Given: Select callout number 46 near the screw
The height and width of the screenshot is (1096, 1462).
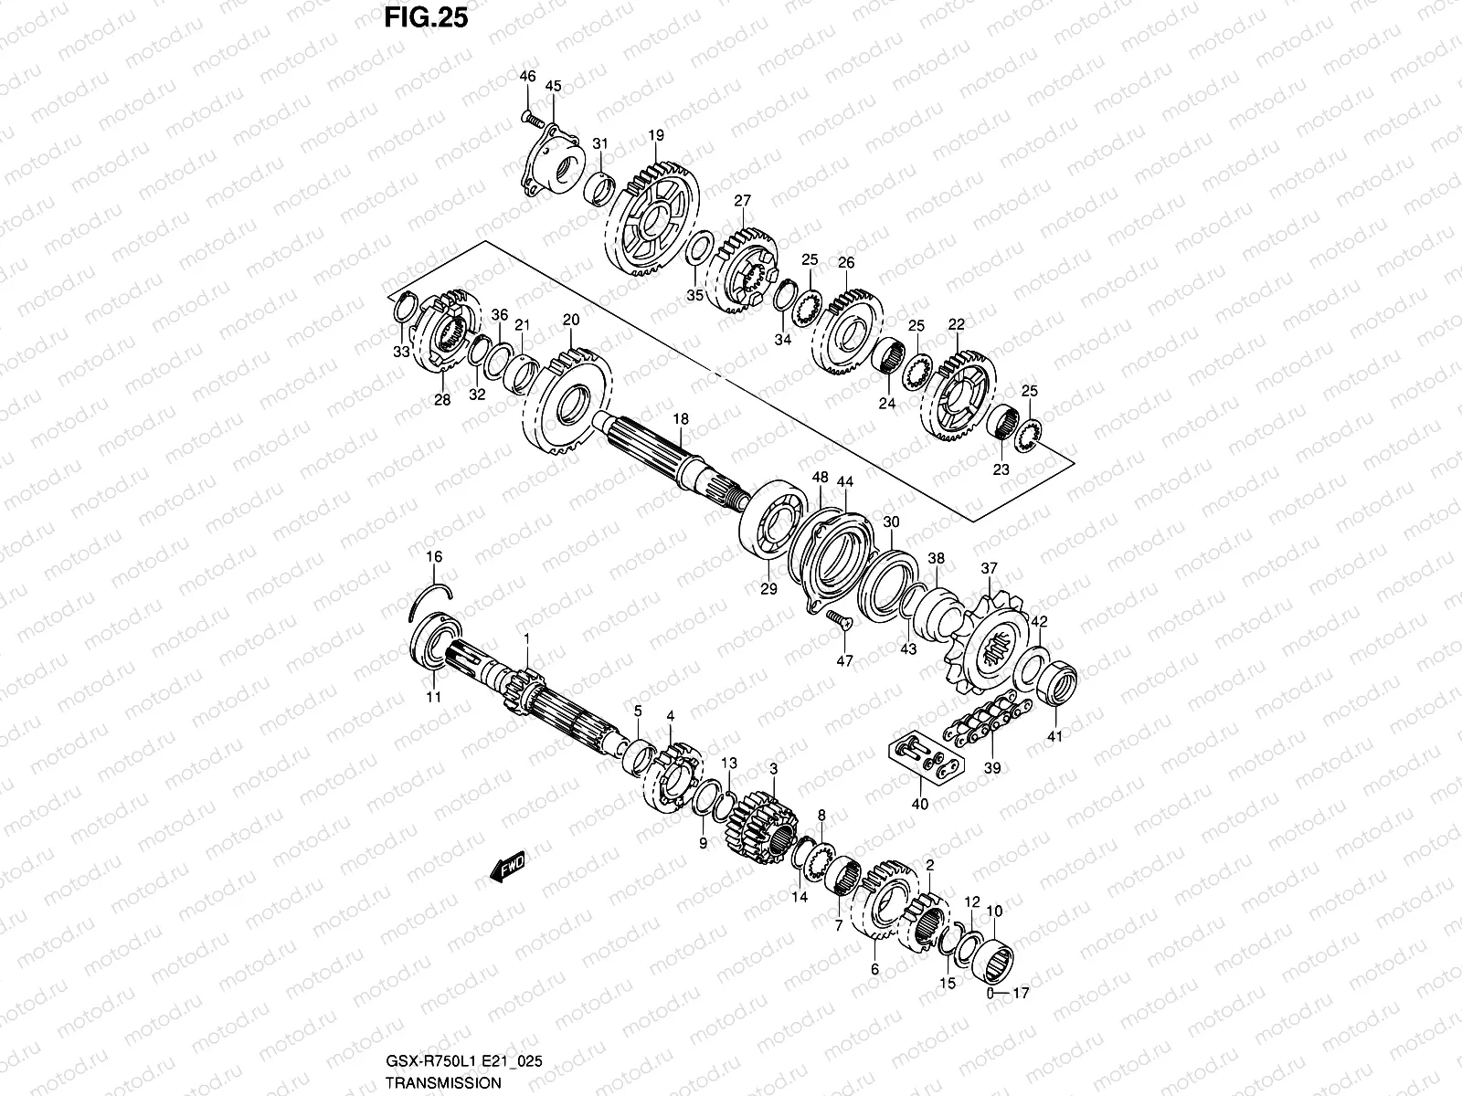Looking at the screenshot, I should tap(527, 77).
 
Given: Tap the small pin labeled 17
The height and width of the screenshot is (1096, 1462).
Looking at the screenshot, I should tap(993, 993).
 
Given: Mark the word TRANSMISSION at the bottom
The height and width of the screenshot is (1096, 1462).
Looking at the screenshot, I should tap(442, 1083).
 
